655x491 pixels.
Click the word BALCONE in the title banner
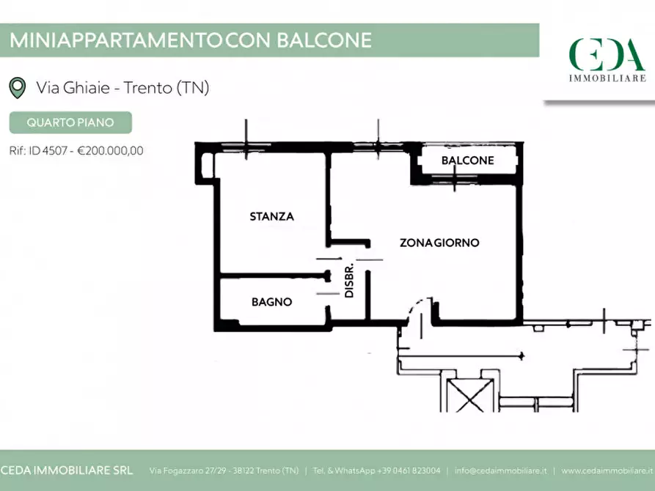click(x=324, y=40)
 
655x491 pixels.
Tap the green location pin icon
click(x=17, y=88)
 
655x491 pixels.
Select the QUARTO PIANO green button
click(x=70, y=122)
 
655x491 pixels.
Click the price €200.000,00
click(x=110, y=150)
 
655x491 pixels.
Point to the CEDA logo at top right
click(x=607, y=54)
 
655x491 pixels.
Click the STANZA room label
click(x=271, y=216)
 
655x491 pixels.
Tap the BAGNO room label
click(x=271, y=301)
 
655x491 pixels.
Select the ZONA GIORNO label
click(x=439, y=242)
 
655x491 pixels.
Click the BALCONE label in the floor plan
click(x=467, y=160)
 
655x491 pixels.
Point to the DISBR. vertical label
click(x=350, y=280)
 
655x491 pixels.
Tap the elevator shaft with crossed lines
click(x=466, y=393)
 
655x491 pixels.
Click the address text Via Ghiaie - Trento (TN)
click(x=122, y=88)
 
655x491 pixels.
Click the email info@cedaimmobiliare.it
click(x=501, y=470)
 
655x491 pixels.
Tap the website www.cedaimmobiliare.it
click(x=607, y=470)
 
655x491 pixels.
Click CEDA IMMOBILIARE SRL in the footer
click(x=65, y=470)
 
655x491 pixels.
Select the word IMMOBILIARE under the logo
click(x=607, y=77)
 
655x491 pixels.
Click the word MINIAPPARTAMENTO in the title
click(x=115, y=40)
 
